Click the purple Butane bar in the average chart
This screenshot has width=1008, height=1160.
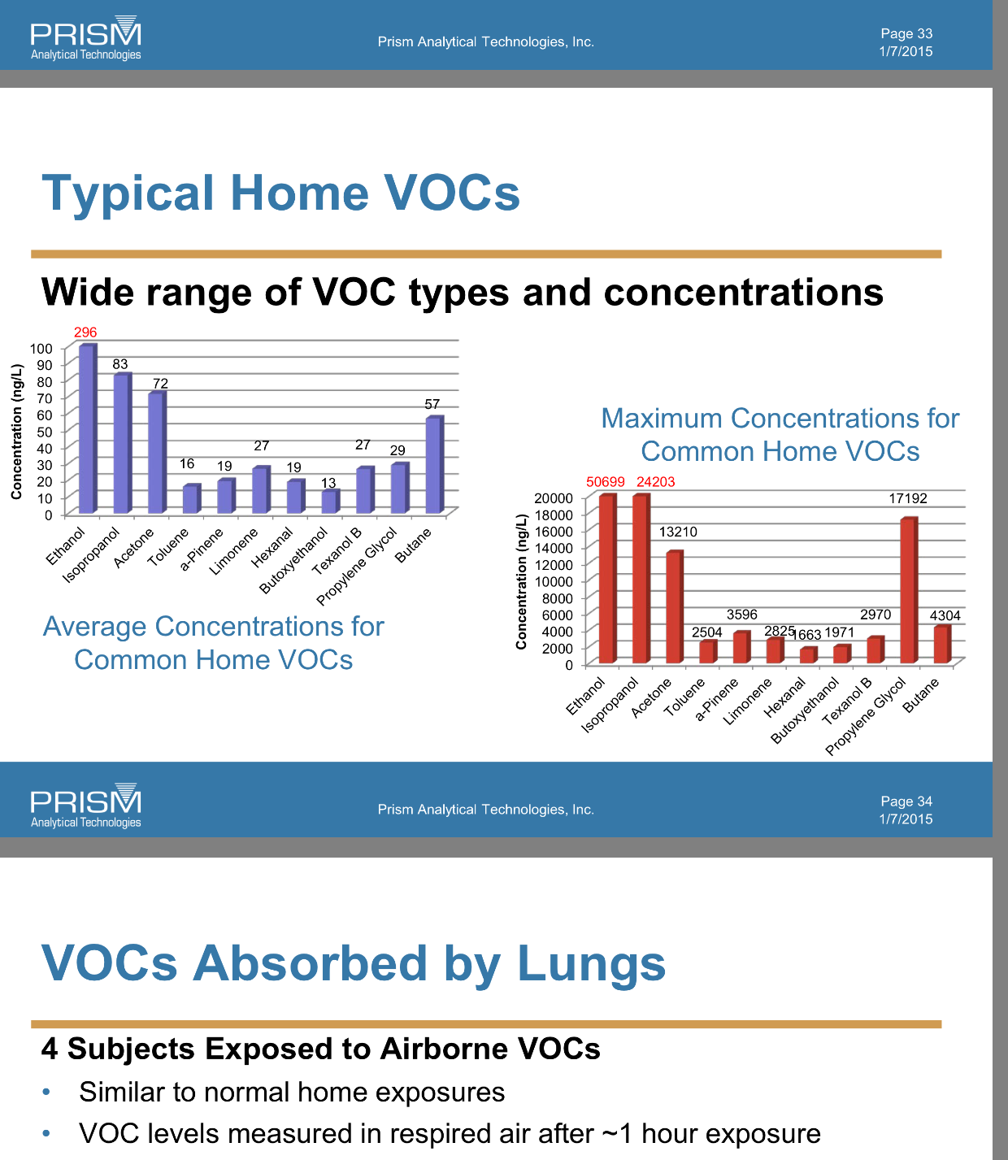point(434,465)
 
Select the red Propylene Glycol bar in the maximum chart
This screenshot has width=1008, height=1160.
point(909,590)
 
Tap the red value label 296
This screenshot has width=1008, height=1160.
point(85,332)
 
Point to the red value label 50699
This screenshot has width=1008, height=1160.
point(605,482)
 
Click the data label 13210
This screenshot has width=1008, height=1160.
point(677,532)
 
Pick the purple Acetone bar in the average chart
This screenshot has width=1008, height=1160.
point(157,453)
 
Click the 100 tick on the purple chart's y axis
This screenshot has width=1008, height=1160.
point(41,349)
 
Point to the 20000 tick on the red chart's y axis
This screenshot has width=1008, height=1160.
point(554,498)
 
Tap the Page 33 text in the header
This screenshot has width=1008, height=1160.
point(906,34)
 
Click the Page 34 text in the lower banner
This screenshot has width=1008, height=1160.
point(906,802)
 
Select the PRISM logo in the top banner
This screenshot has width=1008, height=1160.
point(85,37)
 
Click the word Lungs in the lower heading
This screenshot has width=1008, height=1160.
point(591,963)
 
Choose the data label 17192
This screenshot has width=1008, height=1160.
point(908,498)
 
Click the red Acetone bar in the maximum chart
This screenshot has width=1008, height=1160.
point(674,606)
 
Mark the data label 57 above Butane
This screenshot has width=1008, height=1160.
point(432,404)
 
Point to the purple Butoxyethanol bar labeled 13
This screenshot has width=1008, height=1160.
point(331,502)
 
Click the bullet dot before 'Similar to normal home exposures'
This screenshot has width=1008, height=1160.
point(46,1092)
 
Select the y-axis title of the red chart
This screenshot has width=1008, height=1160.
point(521,582)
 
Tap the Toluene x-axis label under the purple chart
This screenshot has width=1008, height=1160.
point(167,547)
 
